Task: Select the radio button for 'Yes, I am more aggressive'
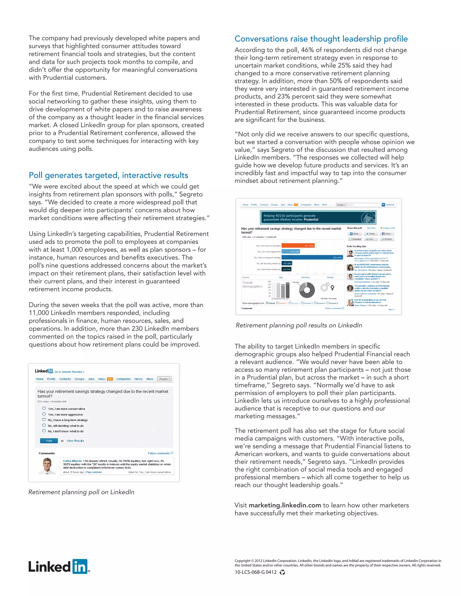[44, 414]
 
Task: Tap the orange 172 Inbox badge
[110, 379]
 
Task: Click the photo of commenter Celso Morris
[47, 466]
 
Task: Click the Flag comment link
[94, 472]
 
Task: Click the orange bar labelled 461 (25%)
[298, 246]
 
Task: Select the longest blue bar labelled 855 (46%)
[312, 257]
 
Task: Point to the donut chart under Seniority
[307, 290]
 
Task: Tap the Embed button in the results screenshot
[387, 239]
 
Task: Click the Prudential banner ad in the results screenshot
[318, 217]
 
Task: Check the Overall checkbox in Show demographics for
[267, 303]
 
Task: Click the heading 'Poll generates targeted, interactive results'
[108, 175]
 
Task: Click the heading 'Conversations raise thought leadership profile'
[321, 39]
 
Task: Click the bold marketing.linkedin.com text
[285, 505]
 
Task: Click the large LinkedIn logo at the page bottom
[59, 567]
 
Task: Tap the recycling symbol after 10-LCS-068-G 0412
[282, 572]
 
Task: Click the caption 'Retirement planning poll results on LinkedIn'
[298, 325]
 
